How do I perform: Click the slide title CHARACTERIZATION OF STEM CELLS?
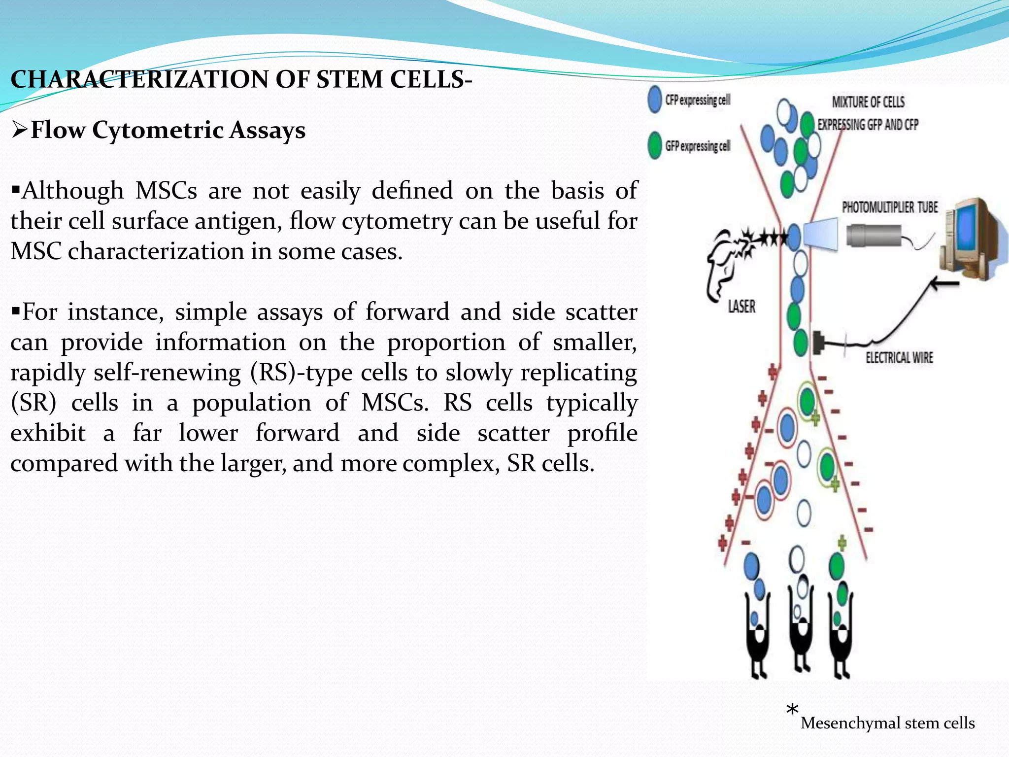pyautogui.click(x=241, y=79)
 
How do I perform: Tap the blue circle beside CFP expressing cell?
pyautogui.click(x=655, y=100)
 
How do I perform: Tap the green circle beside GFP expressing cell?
pyautogui.click(x=655, y=146)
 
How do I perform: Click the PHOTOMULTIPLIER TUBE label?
pyautogui.click(x=890, y=207)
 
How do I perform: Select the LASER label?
pyautogui.click(x=741, y=307)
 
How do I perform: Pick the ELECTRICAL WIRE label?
pyautogui.click(x=899, y=358)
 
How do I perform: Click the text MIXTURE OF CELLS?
pyautogui.click(x=868, y=102)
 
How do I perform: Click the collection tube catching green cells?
pyautogui.click(x=841, y=636)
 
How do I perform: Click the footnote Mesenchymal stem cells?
pyautogui.click(x=887, y=723)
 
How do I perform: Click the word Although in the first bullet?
pyautogui.click(x=73, y=191)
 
